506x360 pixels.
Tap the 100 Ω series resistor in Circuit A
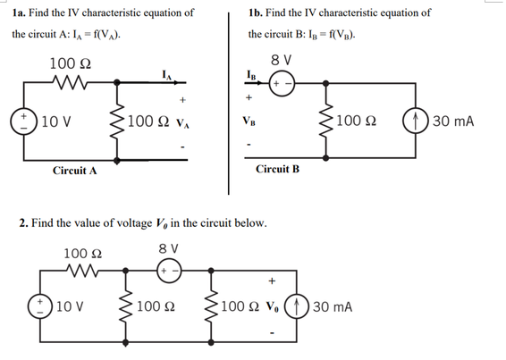point(69,87)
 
